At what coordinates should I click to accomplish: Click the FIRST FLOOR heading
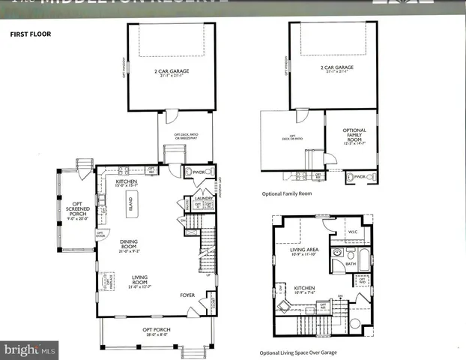[x=29, y=34]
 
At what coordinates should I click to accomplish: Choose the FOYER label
[x=187, y=295]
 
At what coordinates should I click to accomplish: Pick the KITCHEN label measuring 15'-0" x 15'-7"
[x=127, y=183]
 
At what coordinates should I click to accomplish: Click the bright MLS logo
[x=30, y=349]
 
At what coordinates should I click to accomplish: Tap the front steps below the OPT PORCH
[x=198, y=349]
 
